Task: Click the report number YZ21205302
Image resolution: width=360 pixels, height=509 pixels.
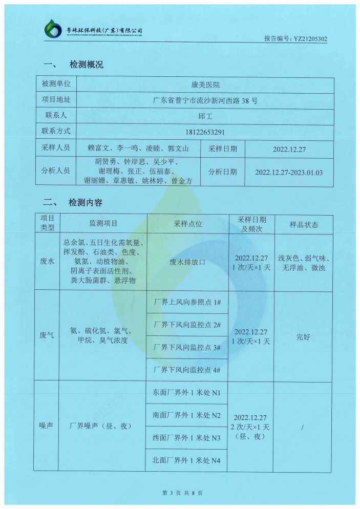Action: [295, 38]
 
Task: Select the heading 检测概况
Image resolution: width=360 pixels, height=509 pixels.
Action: [86, 65]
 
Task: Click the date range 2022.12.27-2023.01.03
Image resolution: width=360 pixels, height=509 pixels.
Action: [289, 173]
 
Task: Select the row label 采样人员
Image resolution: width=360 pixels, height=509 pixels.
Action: [56, 149]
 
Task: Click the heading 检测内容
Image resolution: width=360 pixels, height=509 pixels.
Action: [86, 203]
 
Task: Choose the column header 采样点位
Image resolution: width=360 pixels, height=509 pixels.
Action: [188, 224]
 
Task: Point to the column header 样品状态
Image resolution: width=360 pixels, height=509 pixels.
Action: [304, 225]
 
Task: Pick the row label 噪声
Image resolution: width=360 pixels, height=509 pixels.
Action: [47, 426]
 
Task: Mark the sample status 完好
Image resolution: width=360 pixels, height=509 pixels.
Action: [304, 337]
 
